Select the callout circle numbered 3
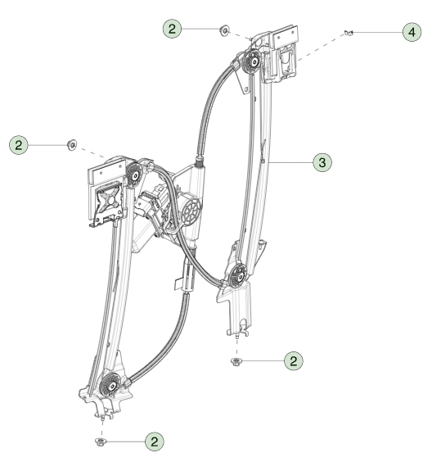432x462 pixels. point(323,163)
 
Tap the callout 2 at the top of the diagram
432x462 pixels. point(173,29)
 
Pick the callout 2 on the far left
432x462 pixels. point(17,145)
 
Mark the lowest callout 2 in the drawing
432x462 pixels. point(153,441)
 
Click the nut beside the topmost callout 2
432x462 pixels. point(223,31)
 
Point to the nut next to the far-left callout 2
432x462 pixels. point(71,145)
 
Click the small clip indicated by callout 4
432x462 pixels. point(350,33)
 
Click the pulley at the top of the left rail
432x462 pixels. point(132,174)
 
